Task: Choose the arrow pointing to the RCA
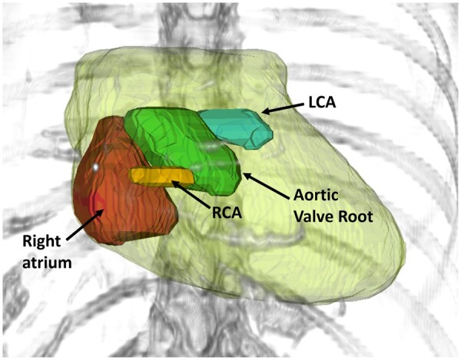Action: [x=192, y=190]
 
